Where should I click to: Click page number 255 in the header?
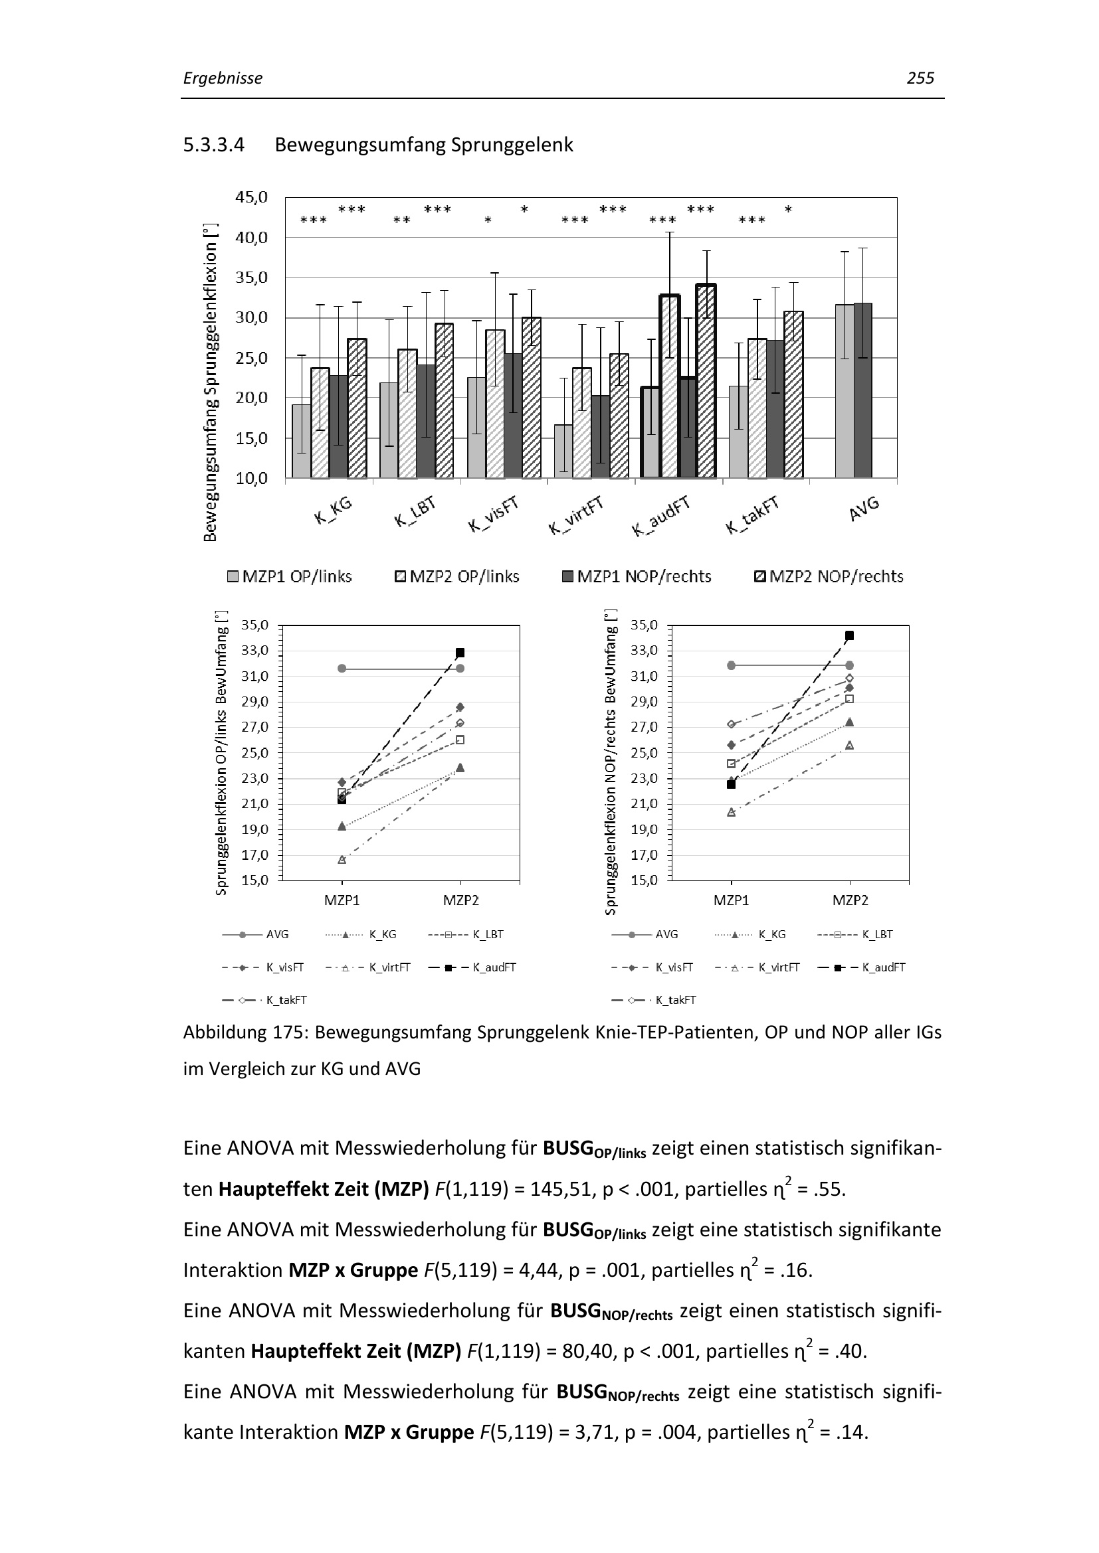coord(920,78)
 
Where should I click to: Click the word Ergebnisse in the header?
coord(223,78)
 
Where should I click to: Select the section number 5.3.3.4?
coord(214,145)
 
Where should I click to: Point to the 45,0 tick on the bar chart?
coord(251,197)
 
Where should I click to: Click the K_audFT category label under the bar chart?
coord(661,516)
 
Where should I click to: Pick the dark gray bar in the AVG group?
coord(863,390)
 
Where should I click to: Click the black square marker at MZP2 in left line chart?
coord(460,653)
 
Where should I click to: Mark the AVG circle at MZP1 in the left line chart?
coord(342,669)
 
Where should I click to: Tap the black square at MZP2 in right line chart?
coord(849,635)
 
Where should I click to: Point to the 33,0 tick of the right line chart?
coord(644,651)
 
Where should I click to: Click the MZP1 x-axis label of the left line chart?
coord(342,900)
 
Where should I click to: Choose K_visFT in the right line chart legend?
coord(674,967)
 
